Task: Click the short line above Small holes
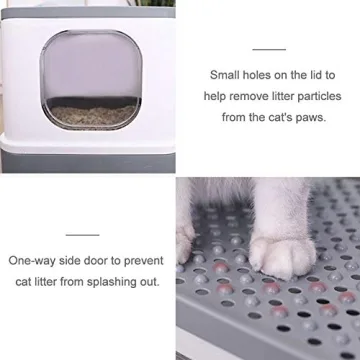click(269, 48)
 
